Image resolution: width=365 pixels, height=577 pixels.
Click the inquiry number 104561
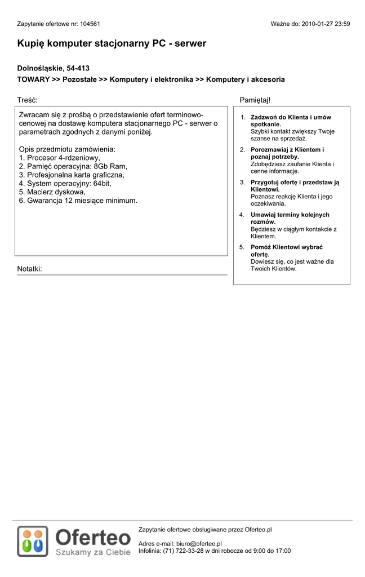[90, 24]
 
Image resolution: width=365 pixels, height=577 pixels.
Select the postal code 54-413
[78, 68]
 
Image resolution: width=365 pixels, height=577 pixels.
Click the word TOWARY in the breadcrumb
[33, 79]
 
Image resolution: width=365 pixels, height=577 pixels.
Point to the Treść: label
[27, 100]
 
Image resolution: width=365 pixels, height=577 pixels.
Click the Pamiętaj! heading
[255, 100]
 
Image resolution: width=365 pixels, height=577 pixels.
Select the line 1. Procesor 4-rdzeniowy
[59, 158]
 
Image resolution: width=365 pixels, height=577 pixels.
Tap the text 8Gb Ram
[110, 166]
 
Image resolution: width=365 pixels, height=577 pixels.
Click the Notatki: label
[29, 269]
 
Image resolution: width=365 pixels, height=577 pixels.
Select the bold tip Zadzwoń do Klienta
[291, 117]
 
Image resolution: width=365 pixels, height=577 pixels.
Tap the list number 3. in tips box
[242, 183]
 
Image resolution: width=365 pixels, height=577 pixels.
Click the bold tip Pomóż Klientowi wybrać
[286, 247]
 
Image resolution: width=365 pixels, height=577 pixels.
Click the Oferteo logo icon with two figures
[33, 541]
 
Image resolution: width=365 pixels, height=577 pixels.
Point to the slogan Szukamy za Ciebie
[93, 552]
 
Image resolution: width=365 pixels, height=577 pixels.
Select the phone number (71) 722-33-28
[182, 551]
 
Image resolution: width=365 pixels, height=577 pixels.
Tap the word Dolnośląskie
[40, 68]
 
